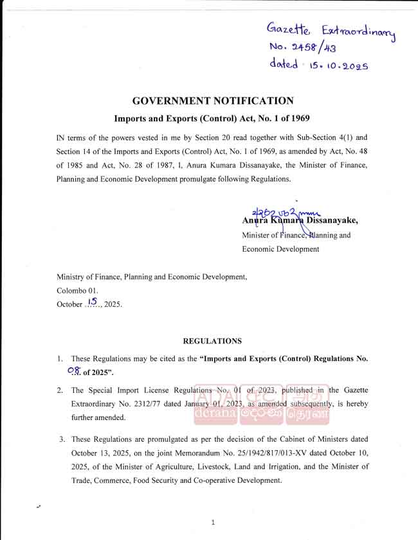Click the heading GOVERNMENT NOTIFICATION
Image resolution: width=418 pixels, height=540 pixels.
pos(213,101)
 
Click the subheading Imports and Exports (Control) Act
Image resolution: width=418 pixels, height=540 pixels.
pos(213,119)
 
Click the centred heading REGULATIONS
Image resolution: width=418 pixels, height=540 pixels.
pos(213,341)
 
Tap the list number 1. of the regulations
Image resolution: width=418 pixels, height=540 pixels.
pos(59,358)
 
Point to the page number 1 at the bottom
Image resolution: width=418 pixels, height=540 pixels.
pos(213,522)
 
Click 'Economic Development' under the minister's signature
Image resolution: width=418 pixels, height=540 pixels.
pos(280,249)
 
